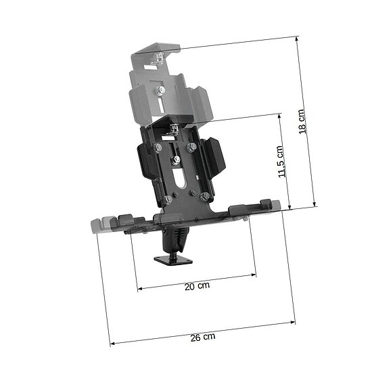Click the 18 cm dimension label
pos(302,122)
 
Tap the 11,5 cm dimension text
pos(281,162)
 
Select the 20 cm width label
pos(197,286)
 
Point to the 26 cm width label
pos(203,337)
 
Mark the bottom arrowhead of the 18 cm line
pos(315,204)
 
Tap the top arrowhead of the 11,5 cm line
pos(279,116)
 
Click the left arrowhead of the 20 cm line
pos(140,289)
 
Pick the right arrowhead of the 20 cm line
pos(254,275)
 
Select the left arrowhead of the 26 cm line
pos(112,344)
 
